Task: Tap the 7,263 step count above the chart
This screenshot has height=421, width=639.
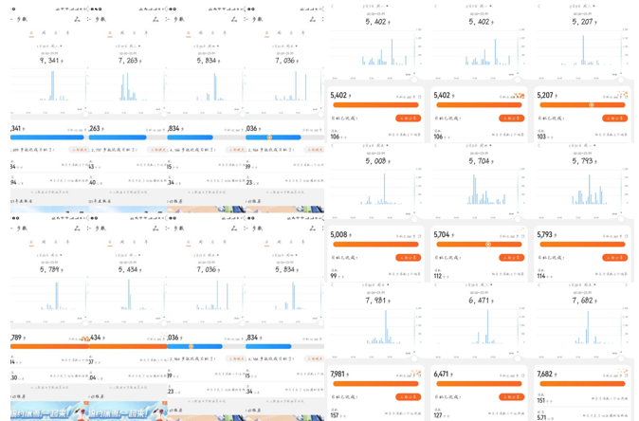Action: pos(129,60)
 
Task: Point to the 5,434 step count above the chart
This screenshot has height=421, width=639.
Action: pos(129,269)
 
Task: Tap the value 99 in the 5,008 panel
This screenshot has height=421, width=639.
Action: pos(334,276)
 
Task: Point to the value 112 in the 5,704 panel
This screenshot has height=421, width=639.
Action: pos(439,276)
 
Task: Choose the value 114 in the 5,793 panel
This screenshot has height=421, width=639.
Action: pos(542,276)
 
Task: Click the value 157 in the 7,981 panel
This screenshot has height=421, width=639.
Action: pos(336,415)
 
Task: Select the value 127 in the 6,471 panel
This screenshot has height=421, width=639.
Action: pos(439,415)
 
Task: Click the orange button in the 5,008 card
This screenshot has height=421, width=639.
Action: pos(408,258)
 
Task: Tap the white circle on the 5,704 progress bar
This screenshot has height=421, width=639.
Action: pos(488,245)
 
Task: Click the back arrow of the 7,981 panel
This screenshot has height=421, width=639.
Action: pos(332,285)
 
